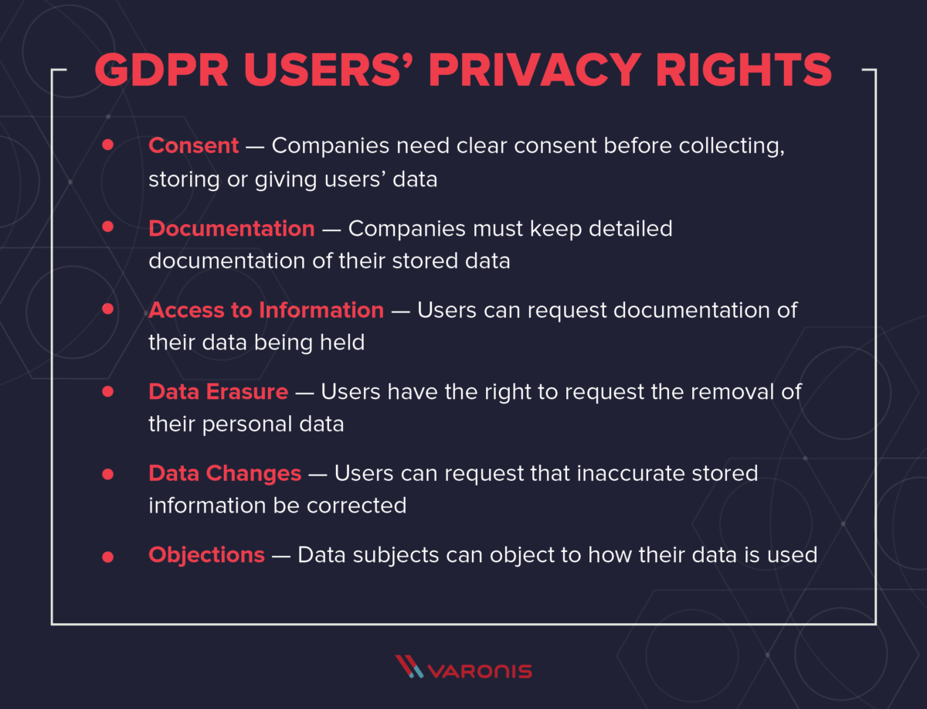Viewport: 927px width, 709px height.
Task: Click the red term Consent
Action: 193,145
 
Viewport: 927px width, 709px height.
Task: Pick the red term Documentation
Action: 232,228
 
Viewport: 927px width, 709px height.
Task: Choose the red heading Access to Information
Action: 266,310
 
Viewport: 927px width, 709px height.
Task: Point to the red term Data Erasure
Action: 218,391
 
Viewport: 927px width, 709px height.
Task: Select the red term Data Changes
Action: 225,473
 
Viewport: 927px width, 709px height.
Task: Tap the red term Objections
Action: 206,554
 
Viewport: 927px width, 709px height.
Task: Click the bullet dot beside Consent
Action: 107,145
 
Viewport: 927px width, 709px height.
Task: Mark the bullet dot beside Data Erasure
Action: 107,392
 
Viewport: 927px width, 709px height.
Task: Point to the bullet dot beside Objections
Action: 107,556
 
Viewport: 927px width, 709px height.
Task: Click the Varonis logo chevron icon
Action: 408,666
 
